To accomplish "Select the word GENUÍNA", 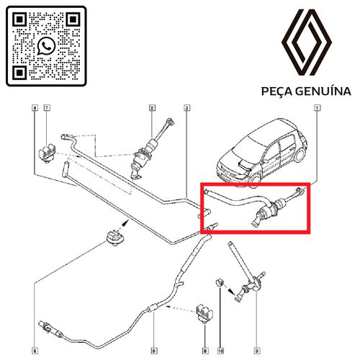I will pos(323,91).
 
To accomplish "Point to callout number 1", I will pos(317,108).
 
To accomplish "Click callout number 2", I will pos(152,108).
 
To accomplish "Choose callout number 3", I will pos(186,108).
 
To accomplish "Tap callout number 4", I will pos(34,108).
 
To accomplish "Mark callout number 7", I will pos(48,108).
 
